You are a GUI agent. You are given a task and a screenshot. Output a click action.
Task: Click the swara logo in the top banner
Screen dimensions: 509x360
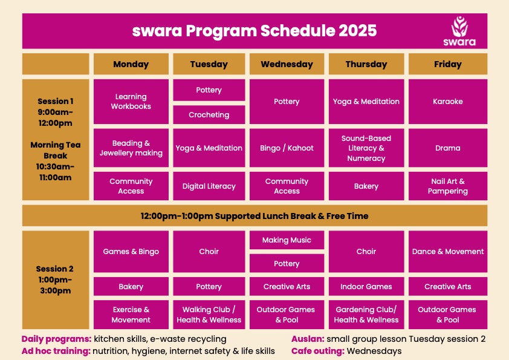(x=459, y=31)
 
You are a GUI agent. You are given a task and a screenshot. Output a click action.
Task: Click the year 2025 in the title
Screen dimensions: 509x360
(x=357, y=31)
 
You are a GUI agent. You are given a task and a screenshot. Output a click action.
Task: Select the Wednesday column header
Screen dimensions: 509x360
(x=287, y=64)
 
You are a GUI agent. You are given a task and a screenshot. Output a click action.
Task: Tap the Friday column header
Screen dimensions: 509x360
(x=448, y=64)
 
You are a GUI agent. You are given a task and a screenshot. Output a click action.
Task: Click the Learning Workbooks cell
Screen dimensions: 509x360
(x=131, y=102)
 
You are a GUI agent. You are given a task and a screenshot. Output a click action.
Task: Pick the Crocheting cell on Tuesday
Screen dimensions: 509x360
(x=209, y=115)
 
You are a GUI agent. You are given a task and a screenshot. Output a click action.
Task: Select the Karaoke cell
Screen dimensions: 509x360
(x=448, y=102)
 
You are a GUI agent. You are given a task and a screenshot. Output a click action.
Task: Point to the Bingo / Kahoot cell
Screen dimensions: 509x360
(x=287, y=148)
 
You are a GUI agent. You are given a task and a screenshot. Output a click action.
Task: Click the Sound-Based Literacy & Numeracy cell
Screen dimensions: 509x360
(x=366, y=148)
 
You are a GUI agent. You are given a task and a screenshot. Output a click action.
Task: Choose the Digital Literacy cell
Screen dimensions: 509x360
(x=209, y=186)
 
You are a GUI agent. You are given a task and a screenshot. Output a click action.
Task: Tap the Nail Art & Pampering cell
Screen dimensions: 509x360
(x=448, y=186)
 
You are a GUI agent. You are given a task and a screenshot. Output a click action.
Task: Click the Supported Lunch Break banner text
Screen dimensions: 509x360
(x=254, y=216)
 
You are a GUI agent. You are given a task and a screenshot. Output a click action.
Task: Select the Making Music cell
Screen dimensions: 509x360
(x=287, y=240)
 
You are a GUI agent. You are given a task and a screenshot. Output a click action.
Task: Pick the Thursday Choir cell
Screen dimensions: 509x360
(x=366, y=251)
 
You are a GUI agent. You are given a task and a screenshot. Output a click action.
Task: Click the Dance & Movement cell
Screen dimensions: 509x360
(x=448, y=251)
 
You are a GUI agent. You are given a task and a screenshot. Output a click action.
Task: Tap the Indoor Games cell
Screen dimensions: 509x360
(x=366, y=286)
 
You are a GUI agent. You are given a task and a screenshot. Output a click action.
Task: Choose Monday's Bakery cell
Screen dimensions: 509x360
(x=131, y=286)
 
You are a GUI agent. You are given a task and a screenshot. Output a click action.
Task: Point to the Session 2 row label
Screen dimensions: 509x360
(x=55, y=280)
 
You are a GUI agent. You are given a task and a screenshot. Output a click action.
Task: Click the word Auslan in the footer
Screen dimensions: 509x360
(x=308, y=339)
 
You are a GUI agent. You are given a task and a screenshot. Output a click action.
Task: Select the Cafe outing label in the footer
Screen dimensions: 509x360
(x=318, y=351)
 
